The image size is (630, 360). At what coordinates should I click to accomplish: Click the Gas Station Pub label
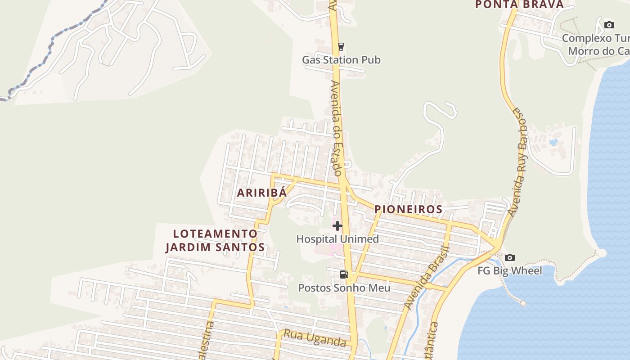(x=341, y=60)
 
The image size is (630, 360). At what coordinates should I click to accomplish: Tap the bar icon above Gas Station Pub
(x=341, y=46)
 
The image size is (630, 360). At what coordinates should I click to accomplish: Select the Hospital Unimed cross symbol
(x=337, y=226)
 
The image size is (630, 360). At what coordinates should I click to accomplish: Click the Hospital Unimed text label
(x=337, y=239)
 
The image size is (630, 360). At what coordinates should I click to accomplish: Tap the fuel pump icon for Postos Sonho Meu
(x=344, y=274)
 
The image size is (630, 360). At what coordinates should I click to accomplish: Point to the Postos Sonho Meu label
(x=344, y=288)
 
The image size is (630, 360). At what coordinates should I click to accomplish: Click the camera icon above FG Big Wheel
(x=509, y=257)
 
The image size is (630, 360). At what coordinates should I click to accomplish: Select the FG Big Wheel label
(x=509, y=271)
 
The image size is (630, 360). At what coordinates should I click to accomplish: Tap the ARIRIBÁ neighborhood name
(x=261, y=193)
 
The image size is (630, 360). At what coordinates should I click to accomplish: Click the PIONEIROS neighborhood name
(x=408, y=209)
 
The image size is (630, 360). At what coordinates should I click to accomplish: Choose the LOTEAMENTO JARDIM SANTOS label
(x=215, y=240)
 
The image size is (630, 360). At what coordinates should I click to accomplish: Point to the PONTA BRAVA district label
(x=519, y=4)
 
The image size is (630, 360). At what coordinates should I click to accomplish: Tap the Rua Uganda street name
(x=315, y=339)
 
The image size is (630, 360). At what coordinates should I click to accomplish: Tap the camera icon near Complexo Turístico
(x=609, y=25)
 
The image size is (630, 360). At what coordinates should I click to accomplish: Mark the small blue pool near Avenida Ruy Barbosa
(x=553, y=142)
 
